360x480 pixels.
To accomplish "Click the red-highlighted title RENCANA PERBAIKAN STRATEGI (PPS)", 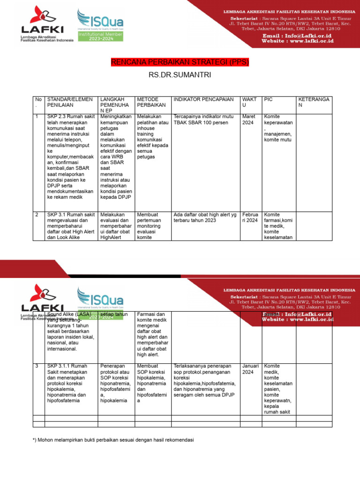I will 180,62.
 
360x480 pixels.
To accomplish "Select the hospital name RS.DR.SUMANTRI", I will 180,75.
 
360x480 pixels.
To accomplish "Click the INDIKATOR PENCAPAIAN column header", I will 203,99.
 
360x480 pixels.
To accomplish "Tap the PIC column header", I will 268,99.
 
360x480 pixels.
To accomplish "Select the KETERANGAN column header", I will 314,102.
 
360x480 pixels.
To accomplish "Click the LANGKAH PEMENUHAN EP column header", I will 115,105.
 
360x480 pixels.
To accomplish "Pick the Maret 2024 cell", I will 249,120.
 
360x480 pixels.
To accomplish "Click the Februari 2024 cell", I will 250,217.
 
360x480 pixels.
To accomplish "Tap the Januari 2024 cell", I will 250,369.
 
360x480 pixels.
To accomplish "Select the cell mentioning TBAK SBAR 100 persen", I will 203,120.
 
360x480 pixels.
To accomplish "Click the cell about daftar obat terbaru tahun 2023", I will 205,217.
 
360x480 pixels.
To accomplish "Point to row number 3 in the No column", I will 37,366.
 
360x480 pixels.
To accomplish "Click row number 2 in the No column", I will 37,215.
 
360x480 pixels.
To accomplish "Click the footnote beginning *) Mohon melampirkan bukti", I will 113,440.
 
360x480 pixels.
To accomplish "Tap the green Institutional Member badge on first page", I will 100,37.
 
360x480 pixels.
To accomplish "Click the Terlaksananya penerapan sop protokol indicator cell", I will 204,380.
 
